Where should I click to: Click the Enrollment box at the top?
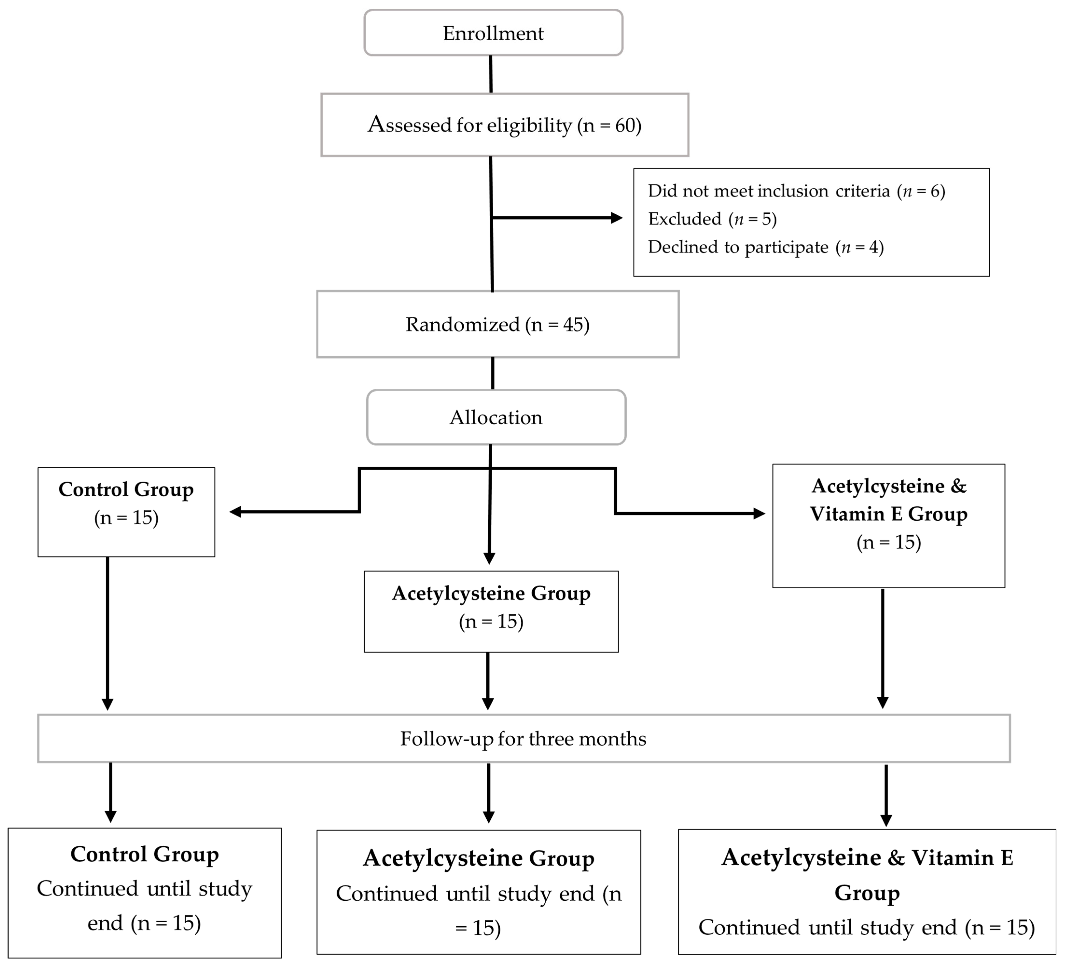(493, 33)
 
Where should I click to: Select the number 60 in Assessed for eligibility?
(626, 126)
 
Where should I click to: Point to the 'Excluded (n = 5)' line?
(713, 219)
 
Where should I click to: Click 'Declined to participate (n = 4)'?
(765, 247)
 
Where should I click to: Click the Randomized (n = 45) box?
(497, 324)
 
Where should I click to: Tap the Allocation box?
(496, 417)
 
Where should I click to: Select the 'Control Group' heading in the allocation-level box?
(126, 489)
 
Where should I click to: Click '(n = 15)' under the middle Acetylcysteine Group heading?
(491, 621)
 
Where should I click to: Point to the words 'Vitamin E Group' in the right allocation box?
(889, 514)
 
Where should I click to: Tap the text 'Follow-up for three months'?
(523, 738)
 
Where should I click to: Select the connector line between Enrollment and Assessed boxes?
(490, 74)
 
